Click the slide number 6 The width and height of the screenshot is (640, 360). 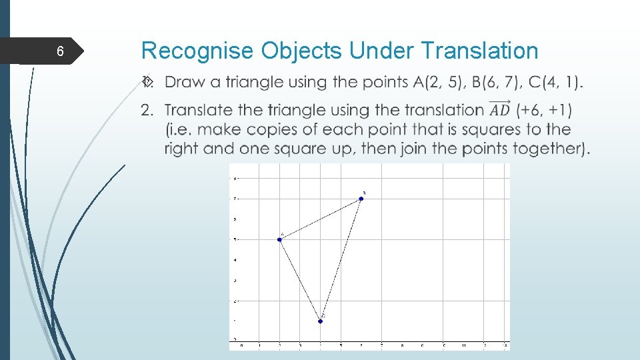pos(60,52)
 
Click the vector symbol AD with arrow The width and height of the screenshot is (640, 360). pos(499,109)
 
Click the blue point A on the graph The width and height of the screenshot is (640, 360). pos(279,239)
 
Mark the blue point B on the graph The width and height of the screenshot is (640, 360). pos(361,198)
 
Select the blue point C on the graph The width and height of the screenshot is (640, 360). pos(321,321)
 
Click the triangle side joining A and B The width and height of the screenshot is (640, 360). pos(320,219)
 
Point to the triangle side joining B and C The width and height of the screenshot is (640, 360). pos(341,259)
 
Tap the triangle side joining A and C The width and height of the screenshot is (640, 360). pos(300,280)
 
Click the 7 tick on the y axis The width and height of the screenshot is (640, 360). pos(234,199)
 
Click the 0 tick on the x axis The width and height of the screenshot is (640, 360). pos(241,345)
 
